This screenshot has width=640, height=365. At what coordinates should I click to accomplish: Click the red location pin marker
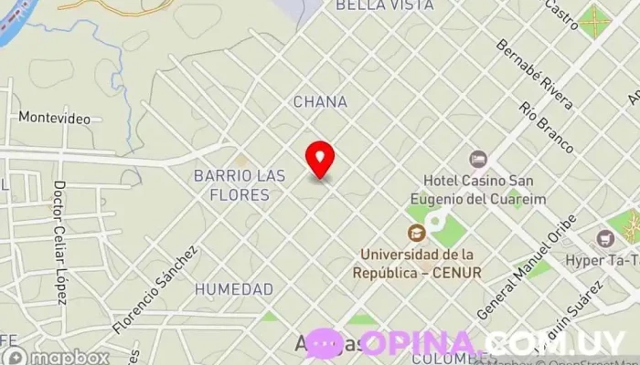(x=320, y=159)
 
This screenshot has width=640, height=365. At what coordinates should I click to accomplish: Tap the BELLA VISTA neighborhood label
(x=384, y=5)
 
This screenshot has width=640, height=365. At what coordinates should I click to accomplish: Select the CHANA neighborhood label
(x=320, y=102)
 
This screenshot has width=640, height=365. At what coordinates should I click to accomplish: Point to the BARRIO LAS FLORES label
(x=239, y=184)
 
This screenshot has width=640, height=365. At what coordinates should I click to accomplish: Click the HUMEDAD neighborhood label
(x=234, y=289)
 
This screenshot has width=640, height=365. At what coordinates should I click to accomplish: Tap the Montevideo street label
(x=54, y=119)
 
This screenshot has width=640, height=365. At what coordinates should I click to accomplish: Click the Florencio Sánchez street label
(x=155, y=288)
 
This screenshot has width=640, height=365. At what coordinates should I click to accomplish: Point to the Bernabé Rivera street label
(x=535, y=74)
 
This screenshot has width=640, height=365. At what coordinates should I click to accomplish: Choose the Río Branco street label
(x=546, y=127)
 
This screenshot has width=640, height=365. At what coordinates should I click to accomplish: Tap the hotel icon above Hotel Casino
(x=477, y=159)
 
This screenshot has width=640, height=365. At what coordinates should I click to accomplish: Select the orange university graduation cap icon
(x=417, y=233)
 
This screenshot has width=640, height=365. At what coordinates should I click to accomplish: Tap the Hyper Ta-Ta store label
(x=604, y=260)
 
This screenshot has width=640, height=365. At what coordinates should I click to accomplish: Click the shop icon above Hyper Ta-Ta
(x=604, y=239)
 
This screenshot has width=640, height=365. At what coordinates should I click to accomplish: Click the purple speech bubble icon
(x=325, y=343)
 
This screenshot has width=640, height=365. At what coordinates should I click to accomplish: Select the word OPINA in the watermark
(x=420, y=343)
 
